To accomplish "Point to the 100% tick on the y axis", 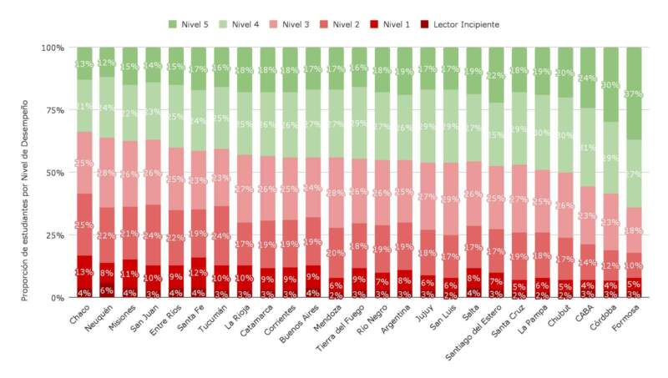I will [53, 48].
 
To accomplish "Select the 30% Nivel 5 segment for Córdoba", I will [612, 84].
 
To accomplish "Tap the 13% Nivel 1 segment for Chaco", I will [84, 271].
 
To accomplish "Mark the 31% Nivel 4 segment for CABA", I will [589, 147].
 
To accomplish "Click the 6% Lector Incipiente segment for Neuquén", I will [107, 290].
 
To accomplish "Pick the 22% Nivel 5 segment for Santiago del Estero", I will [497, 75].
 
